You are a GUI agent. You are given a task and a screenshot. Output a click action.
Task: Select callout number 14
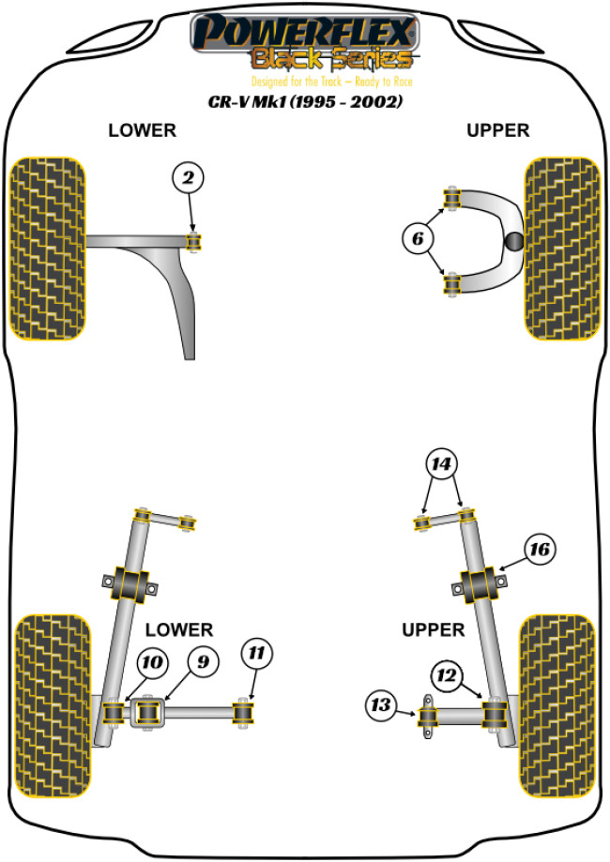pos(440,462)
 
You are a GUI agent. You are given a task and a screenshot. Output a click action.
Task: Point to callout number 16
pos(539,549)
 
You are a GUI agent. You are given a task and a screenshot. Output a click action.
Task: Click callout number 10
pos(149,664)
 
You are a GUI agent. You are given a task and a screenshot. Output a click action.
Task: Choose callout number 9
pos(198,662)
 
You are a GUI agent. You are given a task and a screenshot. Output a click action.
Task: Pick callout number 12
pos(446,673)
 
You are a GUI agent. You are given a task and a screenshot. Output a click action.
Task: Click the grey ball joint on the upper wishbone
pos(515,242)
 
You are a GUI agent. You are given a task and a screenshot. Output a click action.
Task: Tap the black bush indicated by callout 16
pos(480,585)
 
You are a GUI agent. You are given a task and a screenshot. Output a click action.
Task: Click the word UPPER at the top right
pos(498,130)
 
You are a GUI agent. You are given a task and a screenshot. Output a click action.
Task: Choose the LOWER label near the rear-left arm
pos(181,629)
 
